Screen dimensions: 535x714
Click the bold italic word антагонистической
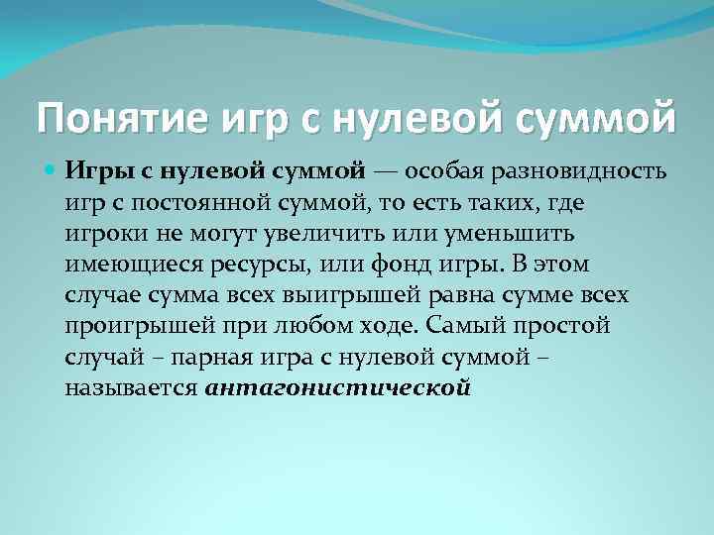click(x=337, y=385)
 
